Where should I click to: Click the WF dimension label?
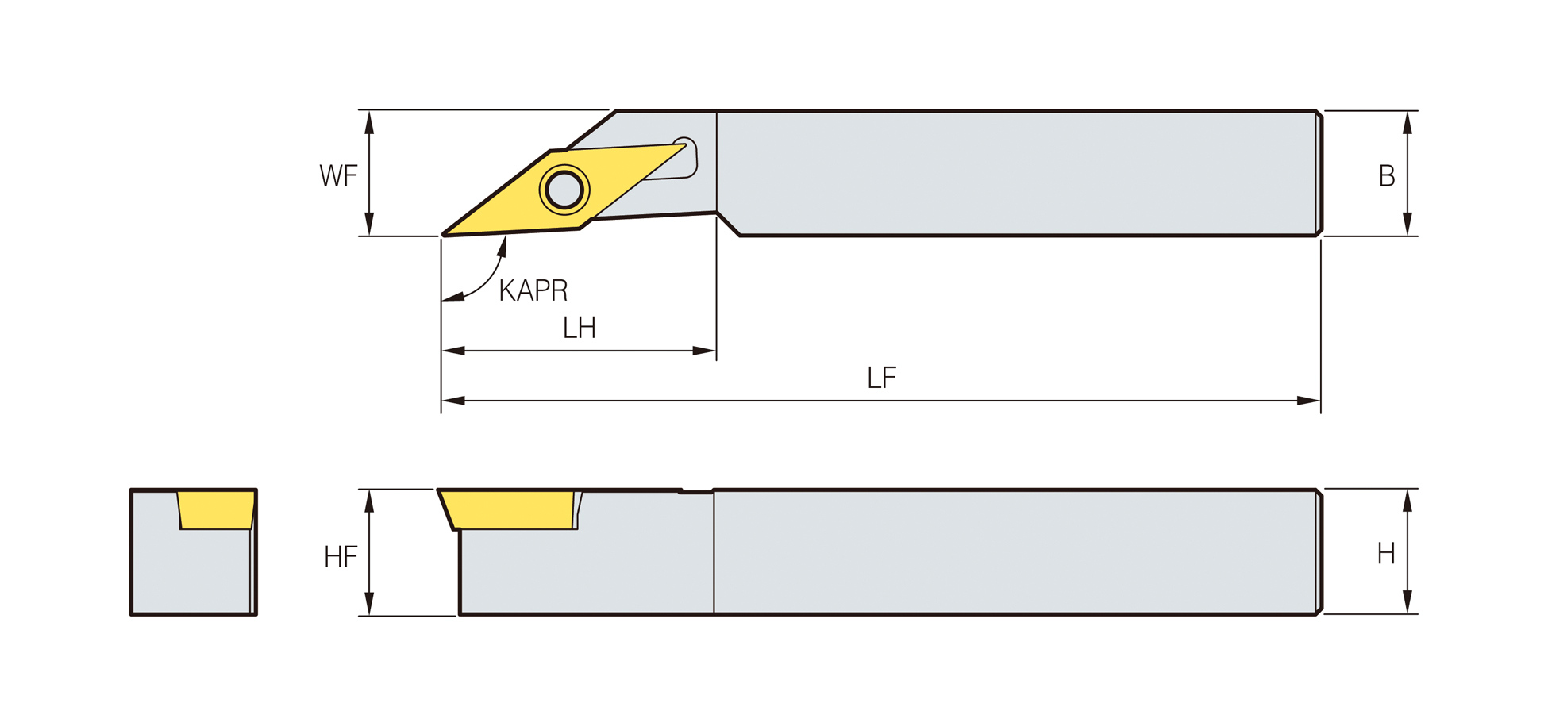[338, 175]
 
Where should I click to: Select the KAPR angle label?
[533, 290]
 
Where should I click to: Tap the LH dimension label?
[580, 328]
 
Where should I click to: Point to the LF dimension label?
[882, 378]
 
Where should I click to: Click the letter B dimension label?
[1386, 175]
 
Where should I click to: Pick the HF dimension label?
[341, 557]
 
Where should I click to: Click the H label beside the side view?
[1386, 553]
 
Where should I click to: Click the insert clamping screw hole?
[564, 190]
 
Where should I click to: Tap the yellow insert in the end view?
[216, 509]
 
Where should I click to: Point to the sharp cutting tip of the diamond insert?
[443, 235]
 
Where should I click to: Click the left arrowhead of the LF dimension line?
[453, 401]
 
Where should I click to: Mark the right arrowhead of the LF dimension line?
[1308, 401]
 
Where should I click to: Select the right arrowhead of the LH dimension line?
[704, 351]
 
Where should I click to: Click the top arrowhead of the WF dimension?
[369, 122]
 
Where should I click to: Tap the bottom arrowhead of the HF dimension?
[369, 603]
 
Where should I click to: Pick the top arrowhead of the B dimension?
[1407, 123]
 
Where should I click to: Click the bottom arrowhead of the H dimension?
[1407, 601]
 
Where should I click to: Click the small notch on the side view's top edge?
[696, 492]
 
